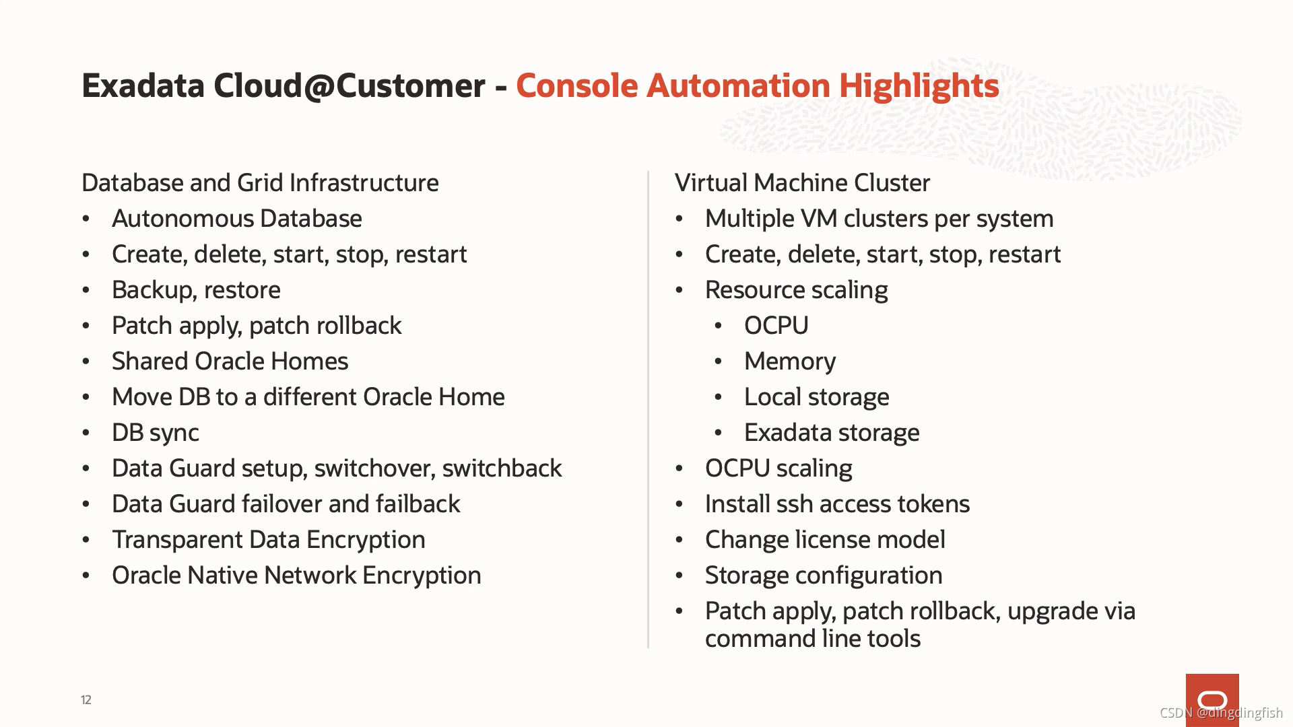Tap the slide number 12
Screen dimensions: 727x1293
86,700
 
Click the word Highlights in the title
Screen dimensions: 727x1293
919,86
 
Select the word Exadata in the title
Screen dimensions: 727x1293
143,86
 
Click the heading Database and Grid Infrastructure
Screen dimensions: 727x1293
260,183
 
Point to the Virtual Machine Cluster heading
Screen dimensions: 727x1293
802,183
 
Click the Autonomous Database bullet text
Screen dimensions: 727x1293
237,219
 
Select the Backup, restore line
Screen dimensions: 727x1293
196,290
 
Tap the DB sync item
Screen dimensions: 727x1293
156,433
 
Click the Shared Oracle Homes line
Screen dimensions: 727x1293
230,361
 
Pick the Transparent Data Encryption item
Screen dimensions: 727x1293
269,540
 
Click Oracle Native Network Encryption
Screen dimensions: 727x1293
296,576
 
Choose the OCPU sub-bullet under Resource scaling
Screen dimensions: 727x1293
776,326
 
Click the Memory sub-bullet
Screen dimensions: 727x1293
790,361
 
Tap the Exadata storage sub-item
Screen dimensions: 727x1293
832,433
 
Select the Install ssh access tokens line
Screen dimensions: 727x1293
837,504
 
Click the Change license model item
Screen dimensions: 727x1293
825,540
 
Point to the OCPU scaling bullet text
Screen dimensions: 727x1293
778,469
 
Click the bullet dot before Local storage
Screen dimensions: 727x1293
719,397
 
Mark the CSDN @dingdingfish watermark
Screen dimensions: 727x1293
1221,713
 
